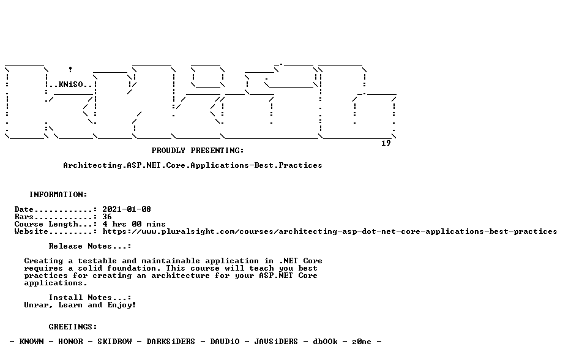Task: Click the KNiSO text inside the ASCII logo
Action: pos(71,84)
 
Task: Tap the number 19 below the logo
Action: pos(386,143)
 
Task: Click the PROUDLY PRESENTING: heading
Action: pos(198,151)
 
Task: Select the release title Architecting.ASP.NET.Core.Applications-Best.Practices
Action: pos(192,166)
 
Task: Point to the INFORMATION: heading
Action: pos(58,195)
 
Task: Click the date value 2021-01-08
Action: pos(127,209)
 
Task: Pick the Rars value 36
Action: pos(107,217)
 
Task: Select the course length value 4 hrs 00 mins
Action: pos(134,224)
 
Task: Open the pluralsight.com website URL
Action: pos(330,232)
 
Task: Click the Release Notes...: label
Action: pos(90,247)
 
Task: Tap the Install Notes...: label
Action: pos(90,298)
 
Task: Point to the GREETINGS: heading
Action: pos(73,327)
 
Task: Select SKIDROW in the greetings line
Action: pos(114,342)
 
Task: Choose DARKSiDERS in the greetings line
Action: pos(171,342)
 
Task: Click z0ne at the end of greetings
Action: pos(362,342)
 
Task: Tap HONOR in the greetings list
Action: pos(70,342)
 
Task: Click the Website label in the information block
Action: pos(31,232)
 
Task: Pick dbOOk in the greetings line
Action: pos(325,342)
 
